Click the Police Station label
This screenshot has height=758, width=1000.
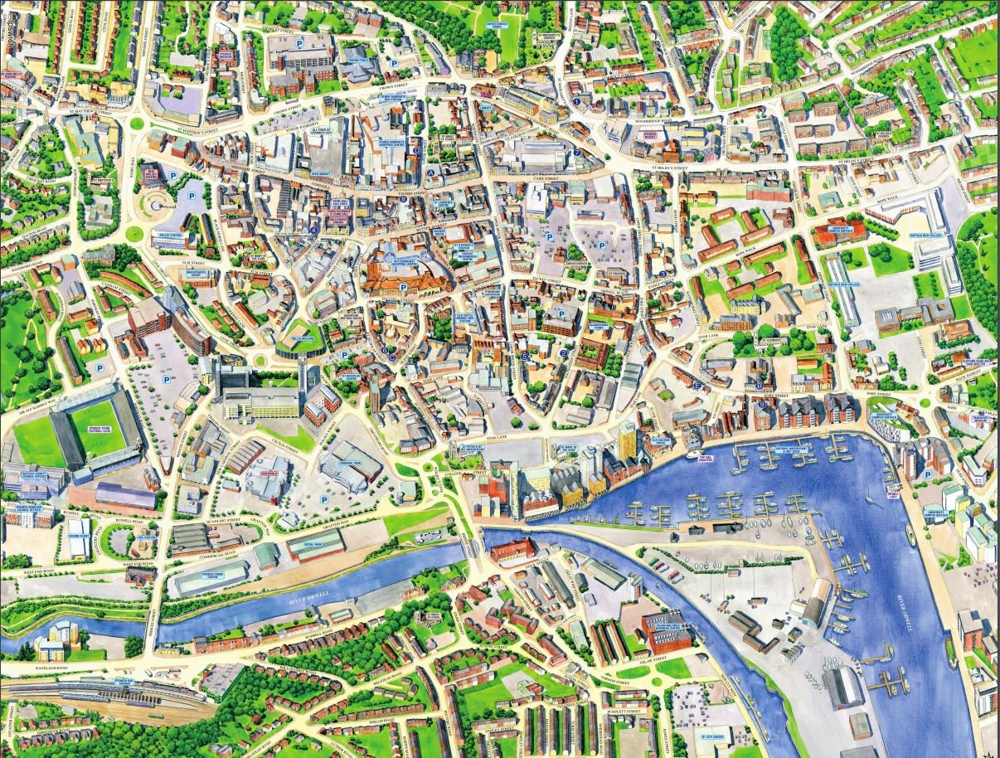[x=171, y=236]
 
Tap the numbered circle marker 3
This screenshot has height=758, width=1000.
[x=663, y=273]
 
